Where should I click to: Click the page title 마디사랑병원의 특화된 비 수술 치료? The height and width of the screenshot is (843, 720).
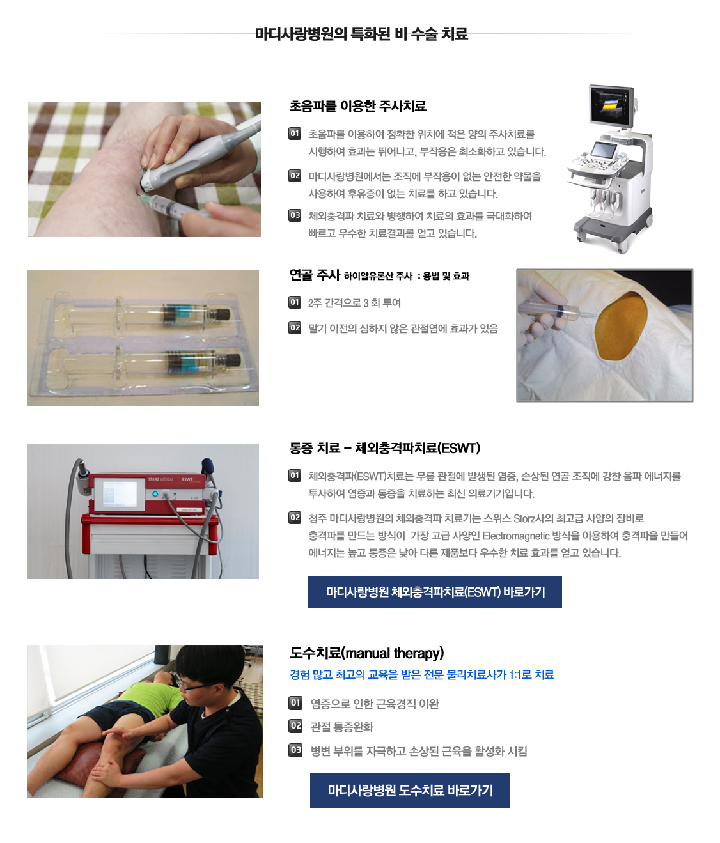pos(361,34)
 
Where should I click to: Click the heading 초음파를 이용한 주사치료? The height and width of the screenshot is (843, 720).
pos(357,106)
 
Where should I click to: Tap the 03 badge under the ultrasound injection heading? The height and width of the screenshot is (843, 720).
pos(295,215)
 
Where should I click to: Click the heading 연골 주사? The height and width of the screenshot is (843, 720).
pos(315,275)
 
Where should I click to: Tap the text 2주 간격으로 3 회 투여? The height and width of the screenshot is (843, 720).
pos(354,303)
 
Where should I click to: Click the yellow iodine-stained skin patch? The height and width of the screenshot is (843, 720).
pos(620,327)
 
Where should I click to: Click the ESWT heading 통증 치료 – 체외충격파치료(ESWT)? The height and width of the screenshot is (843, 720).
pos(385,448)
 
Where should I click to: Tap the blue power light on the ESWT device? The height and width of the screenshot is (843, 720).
pos(155,494)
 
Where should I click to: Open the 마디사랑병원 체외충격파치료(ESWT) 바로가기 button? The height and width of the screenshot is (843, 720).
pos(435,591)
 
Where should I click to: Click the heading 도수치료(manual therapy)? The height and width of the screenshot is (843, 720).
pos(367,653)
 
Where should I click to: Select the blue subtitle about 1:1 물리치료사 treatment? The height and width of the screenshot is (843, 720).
pos(422,674)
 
